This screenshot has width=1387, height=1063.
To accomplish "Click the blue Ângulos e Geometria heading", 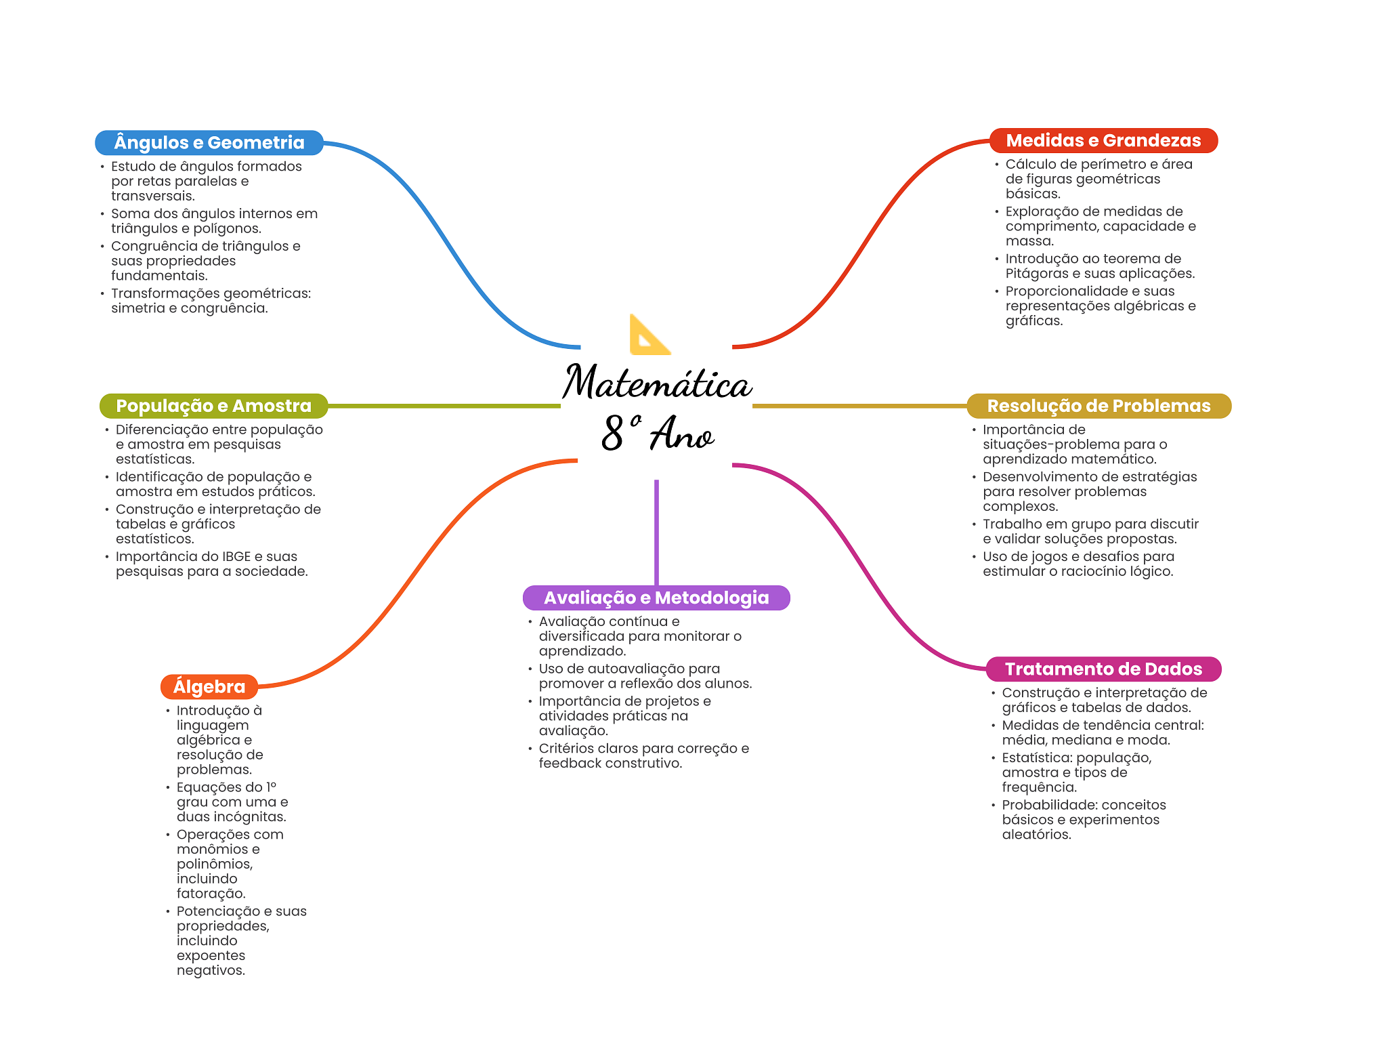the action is pos(209,142).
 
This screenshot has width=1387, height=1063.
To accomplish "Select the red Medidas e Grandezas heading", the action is pos(1103,140).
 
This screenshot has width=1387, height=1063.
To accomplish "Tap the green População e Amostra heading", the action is pos(213,406).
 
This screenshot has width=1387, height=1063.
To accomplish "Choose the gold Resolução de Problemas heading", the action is pos(1098,406).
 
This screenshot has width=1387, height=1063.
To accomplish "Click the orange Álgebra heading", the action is pos(209,686).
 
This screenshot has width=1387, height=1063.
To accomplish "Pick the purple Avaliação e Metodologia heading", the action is pos(656,598).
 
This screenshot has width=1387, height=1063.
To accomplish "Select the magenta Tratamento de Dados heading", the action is pos(1103,669).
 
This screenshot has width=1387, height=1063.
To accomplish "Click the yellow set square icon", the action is pos(649,334).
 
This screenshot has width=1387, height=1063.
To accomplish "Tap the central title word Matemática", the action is pos(657,381).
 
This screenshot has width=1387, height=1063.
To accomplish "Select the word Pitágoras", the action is pos(1036,274).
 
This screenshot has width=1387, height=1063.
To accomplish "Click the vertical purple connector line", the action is pos(656,533).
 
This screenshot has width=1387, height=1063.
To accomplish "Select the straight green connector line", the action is pos(444,406).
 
